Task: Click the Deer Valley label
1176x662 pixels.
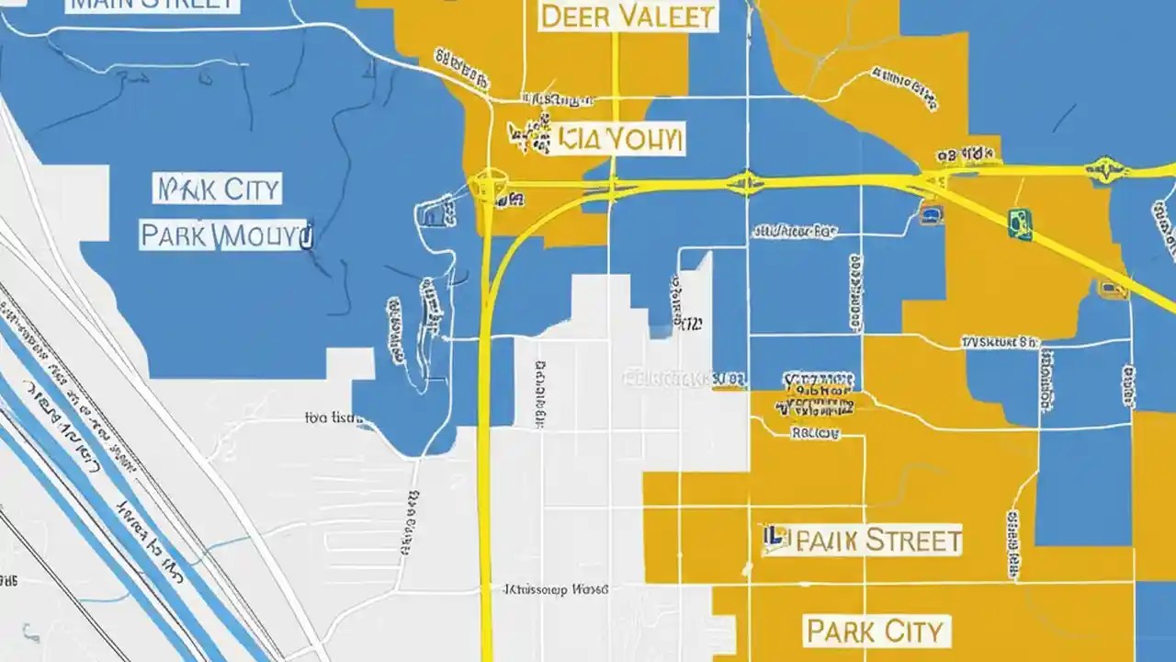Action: (x=628, y=16)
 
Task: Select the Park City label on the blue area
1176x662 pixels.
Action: (x=219, y=190)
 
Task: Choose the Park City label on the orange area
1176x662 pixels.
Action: (x=875, y=632)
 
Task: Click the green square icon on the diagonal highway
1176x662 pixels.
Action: (x=1020, y=223)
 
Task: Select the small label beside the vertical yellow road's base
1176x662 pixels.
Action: (x=555, y=588)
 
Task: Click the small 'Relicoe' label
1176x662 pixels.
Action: (x=814, y=432)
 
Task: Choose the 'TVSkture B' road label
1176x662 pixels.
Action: (x=1000, y=342)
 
